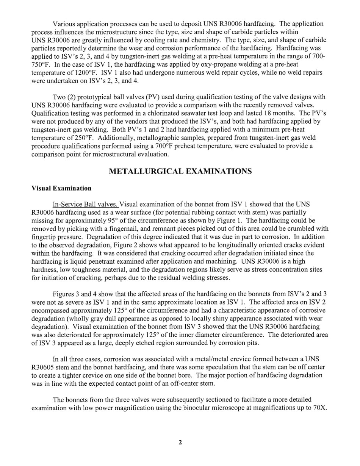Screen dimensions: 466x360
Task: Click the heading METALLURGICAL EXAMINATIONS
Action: pos(180,172)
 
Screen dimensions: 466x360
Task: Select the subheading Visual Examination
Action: pos(61,188)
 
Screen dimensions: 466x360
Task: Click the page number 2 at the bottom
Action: pos(180,442)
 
